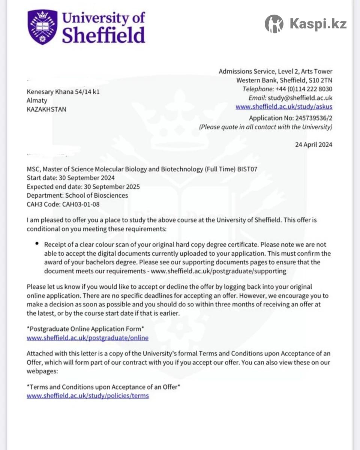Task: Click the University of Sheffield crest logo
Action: point(43,27)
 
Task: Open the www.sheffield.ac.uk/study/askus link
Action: point(283,106)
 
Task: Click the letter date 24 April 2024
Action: point(314,144)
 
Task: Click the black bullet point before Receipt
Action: point(37,243)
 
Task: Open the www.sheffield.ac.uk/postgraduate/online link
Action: point(87,338)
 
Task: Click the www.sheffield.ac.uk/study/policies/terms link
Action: point(88,396)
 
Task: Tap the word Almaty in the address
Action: point(37,100)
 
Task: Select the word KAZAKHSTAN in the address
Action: point(46,109)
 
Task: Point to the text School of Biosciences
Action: point(96,195)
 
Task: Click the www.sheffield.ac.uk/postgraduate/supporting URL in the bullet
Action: point(219,271)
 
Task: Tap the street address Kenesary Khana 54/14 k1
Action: point(63,92)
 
